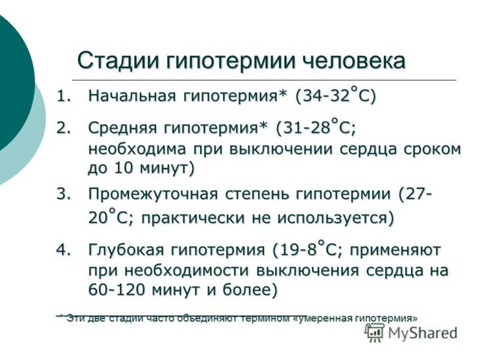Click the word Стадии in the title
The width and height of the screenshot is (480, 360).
pyautogui.click(x=118, y=61)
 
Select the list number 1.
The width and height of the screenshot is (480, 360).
pyautogui.click(x=64, y=96)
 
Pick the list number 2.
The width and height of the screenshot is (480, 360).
pyautogui.click(x=64, y=128)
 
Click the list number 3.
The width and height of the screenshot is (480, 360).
pyautogui.click(x=64, y=194)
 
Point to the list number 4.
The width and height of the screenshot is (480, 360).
pyautogui.click(x=64, y=249)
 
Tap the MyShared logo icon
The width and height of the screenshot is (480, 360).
pyautogui.click(x=374, y=333)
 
